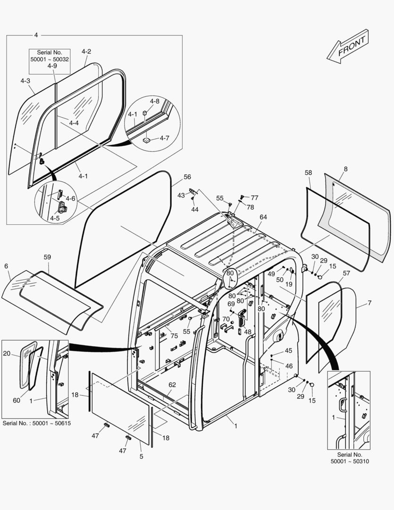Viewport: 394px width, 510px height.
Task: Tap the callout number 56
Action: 187,177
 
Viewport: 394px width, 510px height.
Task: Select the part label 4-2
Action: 86,51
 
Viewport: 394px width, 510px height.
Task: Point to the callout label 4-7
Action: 164,138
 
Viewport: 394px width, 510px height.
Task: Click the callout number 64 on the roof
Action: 263,217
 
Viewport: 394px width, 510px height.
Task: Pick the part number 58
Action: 308,173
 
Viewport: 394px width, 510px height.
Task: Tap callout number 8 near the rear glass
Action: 345,169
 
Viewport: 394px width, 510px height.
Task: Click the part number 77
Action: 254,198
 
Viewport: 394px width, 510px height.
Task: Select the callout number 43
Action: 181,195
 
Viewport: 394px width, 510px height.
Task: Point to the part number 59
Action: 47,257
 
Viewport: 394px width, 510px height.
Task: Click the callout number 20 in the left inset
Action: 7,353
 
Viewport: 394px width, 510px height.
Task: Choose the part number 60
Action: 17,400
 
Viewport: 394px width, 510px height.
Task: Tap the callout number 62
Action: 172,385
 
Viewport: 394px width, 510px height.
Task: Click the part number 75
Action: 174,336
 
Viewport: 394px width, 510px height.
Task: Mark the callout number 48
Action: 247,332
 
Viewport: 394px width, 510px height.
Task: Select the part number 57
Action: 346,273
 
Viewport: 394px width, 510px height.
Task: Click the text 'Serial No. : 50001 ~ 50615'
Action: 36,423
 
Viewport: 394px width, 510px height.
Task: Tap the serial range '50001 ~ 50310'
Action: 348,461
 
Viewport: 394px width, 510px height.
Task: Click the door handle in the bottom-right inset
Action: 343,403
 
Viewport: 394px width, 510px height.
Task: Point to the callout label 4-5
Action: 55,219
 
